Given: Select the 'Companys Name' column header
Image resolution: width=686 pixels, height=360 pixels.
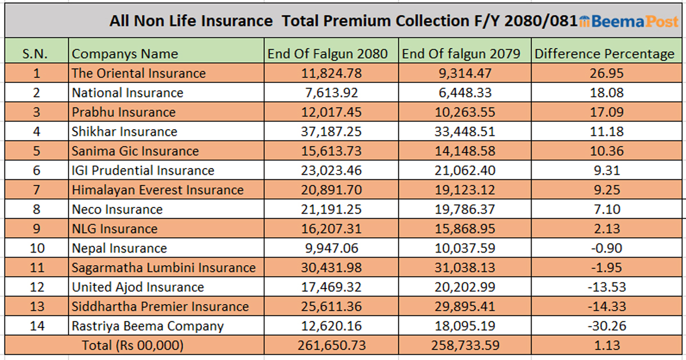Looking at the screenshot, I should point(125,54).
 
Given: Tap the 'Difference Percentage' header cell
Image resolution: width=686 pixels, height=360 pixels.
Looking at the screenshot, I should point(604,54).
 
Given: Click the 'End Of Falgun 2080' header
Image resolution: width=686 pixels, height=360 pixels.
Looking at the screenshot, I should point(328,54).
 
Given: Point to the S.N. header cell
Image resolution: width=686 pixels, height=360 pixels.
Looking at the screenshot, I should point(35,54).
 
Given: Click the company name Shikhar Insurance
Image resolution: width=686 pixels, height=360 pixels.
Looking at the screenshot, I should point(125,131).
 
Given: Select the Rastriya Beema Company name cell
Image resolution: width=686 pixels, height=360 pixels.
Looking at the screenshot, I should point(147,326).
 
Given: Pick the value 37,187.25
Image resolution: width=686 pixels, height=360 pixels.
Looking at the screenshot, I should point(331,131).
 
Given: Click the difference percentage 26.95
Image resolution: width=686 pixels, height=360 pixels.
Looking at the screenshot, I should point(608,73).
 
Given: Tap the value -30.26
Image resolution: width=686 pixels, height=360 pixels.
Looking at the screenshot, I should point(607,326).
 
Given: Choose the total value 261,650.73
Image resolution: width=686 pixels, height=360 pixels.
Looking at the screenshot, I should point(331,346).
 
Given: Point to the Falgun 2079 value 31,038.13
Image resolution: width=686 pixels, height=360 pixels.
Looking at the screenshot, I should point(464,267).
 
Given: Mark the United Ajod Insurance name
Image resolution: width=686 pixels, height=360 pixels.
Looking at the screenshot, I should point(138,287).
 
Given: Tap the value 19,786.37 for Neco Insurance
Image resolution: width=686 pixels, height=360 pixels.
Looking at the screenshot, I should point(464,209).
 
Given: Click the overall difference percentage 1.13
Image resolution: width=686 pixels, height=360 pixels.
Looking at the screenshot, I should point(608,346).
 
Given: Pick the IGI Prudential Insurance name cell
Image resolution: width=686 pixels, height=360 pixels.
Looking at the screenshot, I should point(143,170).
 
